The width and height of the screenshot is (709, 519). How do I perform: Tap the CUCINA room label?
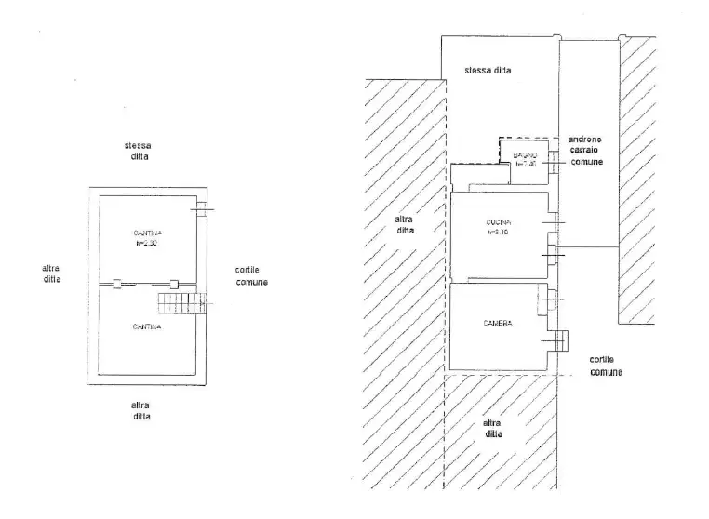click(500, 222)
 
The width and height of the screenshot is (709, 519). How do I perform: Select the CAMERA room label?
click(498, 323)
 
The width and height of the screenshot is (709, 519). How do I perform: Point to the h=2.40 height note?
click(527, 164)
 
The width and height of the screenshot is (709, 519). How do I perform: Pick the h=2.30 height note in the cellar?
click(147, 243)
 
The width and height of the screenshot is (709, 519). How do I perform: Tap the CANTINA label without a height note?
click(147, 326)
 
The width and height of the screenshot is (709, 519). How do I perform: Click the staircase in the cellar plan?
click(179, 302)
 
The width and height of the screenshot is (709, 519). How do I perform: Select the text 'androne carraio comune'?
click(584, 150)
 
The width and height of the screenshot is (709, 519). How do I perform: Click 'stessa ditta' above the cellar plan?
click(139, 152)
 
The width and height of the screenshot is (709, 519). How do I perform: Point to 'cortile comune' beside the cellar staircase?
click(251, 276)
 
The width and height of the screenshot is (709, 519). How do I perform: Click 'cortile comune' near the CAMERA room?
click(606, 366)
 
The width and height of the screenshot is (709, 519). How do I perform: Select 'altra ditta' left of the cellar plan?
click(51, 273)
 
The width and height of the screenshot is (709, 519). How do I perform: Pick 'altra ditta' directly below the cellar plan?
click(140, 411)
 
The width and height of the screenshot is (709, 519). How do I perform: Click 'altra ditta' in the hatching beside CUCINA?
click(405, 224)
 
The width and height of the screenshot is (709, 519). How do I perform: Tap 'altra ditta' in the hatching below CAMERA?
click(493, 429)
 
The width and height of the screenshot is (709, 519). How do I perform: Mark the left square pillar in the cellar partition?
click(117, 283)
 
